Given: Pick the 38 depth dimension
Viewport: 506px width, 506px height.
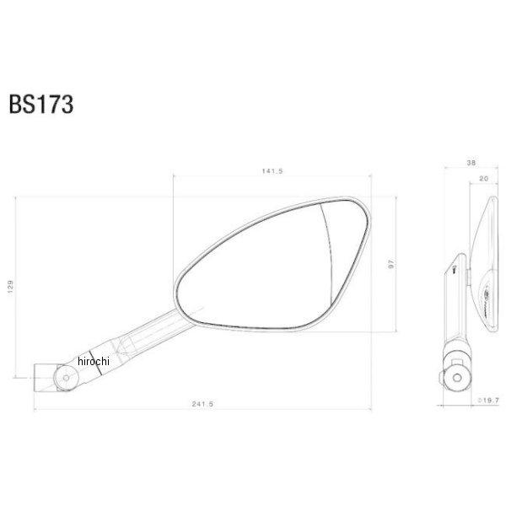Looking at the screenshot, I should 469,163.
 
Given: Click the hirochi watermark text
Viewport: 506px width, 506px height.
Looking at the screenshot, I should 94,360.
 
